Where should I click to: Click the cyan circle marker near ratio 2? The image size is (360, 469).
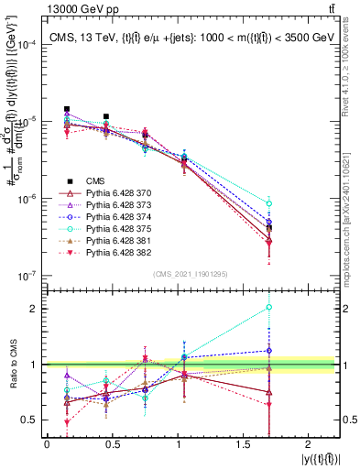268,308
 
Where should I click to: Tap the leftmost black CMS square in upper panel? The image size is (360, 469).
67,108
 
